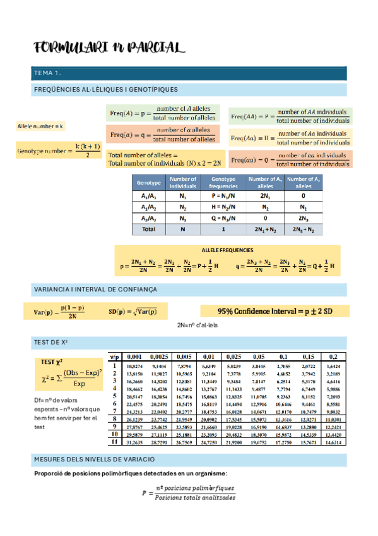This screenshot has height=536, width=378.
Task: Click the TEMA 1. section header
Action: coord(48,74)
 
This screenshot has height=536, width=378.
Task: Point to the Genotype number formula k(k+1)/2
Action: coord(58,151)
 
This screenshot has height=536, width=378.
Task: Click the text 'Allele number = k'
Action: coord(40,126)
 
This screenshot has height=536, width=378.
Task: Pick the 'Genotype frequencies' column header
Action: coord(225,183)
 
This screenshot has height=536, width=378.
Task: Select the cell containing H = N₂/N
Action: coord(225,207)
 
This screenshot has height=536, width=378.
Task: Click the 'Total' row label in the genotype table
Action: coord(149,229)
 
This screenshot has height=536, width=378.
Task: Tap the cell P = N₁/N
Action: coord(225,196)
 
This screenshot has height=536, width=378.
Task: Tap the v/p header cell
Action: coord(114,356)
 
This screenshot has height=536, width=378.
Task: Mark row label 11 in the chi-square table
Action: coord(114,442)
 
